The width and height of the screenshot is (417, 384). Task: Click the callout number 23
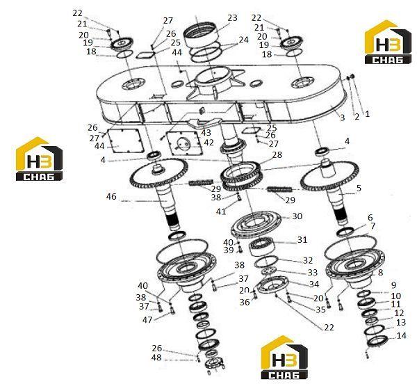tap(232, 18)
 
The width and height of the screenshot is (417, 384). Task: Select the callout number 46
tap(111, 196)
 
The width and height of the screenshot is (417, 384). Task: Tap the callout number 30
tap(297, 216)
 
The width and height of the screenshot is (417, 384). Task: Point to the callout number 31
tap(302, 239)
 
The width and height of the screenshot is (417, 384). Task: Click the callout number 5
tap(359, 188)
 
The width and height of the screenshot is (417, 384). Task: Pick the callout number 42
tap(208, 143)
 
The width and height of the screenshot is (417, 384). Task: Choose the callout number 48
tap(156, 357)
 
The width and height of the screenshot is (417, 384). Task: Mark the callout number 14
tap(402, 335)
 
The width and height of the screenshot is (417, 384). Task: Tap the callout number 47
tap(147, 319)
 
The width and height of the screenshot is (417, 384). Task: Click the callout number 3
tap(342, 118)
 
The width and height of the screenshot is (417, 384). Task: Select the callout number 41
tap(221, 211)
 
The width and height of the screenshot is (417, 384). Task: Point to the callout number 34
tap(314, 285)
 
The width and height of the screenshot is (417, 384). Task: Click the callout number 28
tap(277, 154)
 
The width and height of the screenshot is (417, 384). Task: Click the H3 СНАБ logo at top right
tap(388, 42)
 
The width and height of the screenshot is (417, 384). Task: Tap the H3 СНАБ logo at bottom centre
tap(284, 358)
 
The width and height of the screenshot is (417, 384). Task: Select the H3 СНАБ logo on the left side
tap(40, 159)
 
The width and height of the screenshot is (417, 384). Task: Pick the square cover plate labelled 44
tap(126, 141)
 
